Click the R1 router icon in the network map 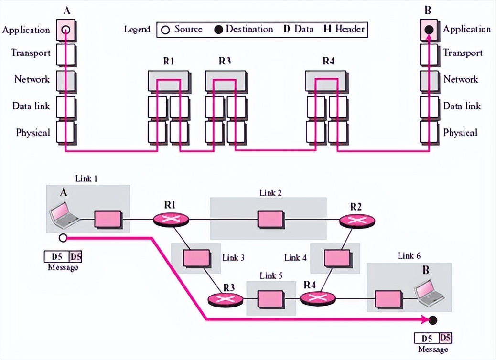point(171,220)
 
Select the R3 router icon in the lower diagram point(226,299)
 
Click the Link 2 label point(270,193)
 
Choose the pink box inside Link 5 point(271,299)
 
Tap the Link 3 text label point(234,258)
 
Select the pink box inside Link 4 point(337,258)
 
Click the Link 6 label point(409,256)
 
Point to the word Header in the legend point(350,29)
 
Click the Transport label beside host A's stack point(31,53)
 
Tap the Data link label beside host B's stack point(462,106)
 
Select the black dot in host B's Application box point(429,30)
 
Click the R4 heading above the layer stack point(328,61)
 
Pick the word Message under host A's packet point(63,268)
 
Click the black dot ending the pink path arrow point(433,320)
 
